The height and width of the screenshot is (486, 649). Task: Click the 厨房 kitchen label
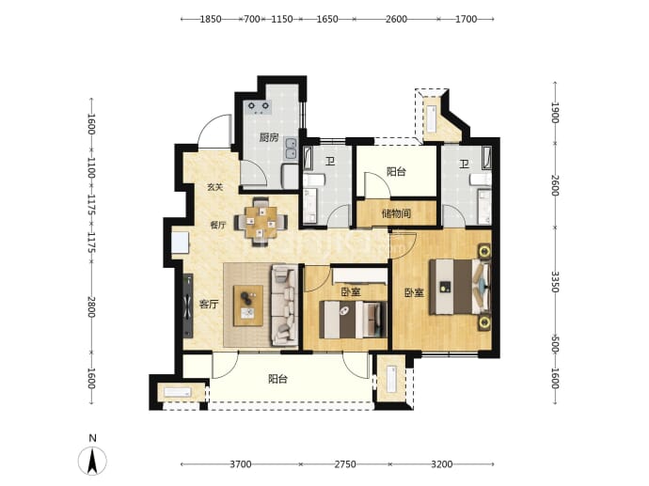pos(269,137)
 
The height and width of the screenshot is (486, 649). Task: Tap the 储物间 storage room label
pos(396,213)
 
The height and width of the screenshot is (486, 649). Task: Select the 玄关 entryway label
pos(215,187)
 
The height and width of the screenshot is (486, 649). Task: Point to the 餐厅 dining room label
pos(218,226)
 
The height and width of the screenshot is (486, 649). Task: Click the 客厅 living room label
pos(209,305)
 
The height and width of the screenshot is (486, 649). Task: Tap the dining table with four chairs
pos(261,222)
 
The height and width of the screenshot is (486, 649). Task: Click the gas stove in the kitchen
pos(259,107)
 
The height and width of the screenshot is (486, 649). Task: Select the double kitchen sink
pos(292,149)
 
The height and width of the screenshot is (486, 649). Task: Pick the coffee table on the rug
pos(248,306)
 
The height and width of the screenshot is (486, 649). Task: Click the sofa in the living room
pos(284,306)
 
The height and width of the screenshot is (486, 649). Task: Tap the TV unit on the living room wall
pos(188,306)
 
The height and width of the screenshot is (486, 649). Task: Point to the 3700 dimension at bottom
pos(241,464)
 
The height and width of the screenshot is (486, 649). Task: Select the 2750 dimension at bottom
pos(345,464)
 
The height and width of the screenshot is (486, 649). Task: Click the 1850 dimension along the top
pos(211,19)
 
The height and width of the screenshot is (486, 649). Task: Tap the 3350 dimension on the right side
pos(555,282)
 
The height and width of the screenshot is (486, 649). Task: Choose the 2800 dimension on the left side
pos(92,306)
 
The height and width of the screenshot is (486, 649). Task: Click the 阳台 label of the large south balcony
pos(277,379)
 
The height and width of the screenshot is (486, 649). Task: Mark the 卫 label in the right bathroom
pos(465,165)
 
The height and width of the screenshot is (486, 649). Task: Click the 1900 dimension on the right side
pos(555,113)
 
